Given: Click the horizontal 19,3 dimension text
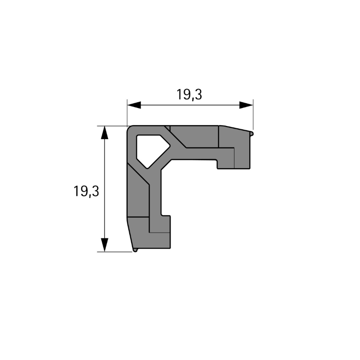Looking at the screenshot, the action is pos(189,94).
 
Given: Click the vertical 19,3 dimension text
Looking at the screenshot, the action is pos(86,191).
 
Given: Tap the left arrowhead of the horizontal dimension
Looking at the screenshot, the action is pos(134,105).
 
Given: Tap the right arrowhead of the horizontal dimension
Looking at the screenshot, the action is pos(246,105).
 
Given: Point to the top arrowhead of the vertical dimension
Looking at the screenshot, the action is pos(104,132).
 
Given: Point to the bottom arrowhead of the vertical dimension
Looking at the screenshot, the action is pos(104,245).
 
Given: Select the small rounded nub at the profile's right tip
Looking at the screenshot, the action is pos(252,134).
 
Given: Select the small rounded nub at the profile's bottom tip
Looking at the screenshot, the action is pos(135,250).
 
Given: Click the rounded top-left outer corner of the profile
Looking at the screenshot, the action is pos(129,128).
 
